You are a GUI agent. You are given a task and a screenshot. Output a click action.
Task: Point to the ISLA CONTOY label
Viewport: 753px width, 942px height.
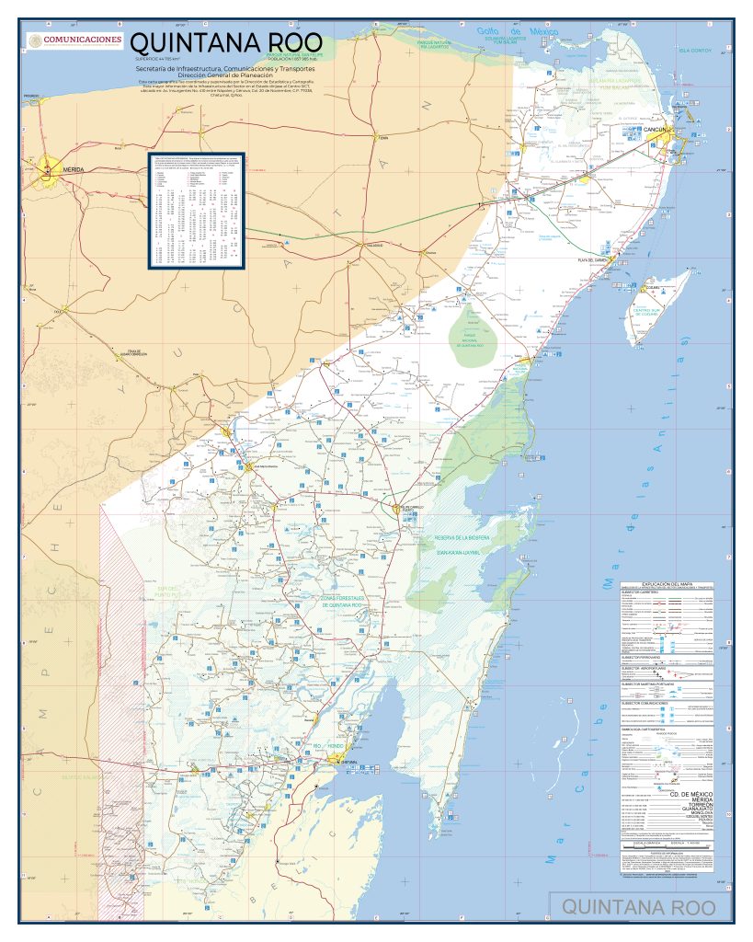[x=695, y=50]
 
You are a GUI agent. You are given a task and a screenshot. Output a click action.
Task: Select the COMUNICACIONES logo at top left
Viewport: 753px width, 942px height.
[x=75, y=40]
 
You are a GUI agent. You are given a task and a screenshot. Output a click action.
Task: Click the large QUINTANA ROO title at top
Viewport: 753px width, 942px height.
[x=226, y=43]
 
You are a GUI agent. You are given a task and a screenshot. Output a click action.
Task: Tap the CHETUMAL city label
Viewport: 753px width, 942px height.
[x=347, y=764]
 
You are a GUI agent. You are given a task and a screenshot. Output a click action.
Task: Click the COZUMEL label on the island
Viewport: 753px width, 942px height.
[x=653, y=289]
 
